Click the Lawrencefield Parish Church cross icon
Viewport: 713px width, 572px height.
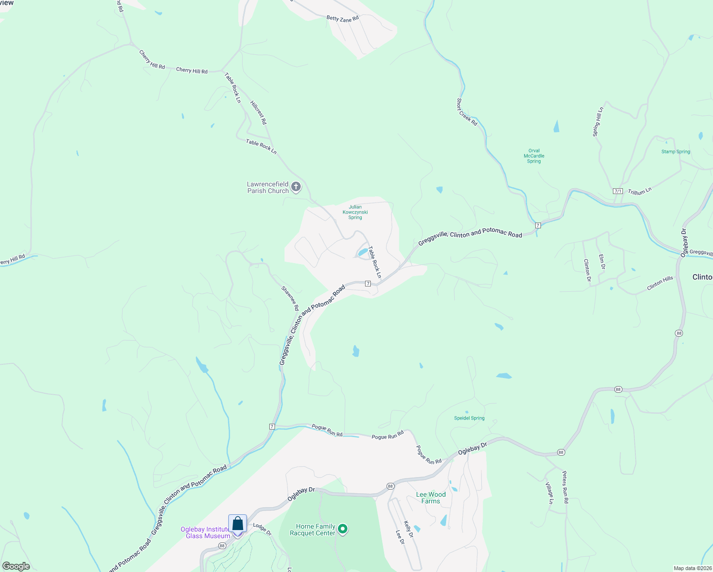point(296,186)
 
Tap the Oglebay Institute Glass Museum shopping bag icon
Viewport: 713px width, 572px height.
point(237,524)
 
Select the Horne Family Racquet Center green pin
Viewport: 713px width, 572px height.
point(343,529)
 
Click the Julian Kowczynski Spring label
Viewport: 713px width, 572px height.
point(355,212)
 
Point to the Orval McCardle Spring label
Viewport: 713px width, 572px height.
point(534,156)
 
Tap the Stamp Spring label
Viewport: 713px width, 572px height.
point(675,152)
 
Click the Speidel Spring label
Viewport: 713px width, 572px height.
point(469,418)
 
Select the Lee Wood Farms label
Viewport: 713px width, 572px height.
point(430,498)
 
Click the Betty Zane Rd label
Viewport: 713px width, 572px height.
point(342,18)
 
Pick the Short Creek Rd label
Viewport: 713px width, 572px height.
point(467,112)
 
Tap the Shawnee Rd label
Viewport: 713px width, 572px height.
point(290,298)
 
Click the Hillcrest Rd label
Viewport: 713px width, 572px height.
point(258,112)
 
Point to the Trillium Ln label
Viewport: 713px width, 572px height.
point(640,191)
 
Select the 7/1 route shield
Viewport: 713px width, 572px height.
point(618,191)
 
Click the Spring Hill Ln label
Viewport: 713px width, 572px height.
point(598,122)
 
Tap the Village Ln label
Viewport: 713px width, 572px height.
point(550,493)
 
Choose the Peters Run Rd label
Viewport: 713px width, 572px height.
point(565,487)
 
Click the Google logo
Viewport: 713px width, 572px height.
point(16,566)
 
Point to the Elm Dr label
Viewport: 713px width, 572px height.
point(602,262)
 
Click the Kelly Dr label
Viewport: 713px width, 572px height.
point(408,529)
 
